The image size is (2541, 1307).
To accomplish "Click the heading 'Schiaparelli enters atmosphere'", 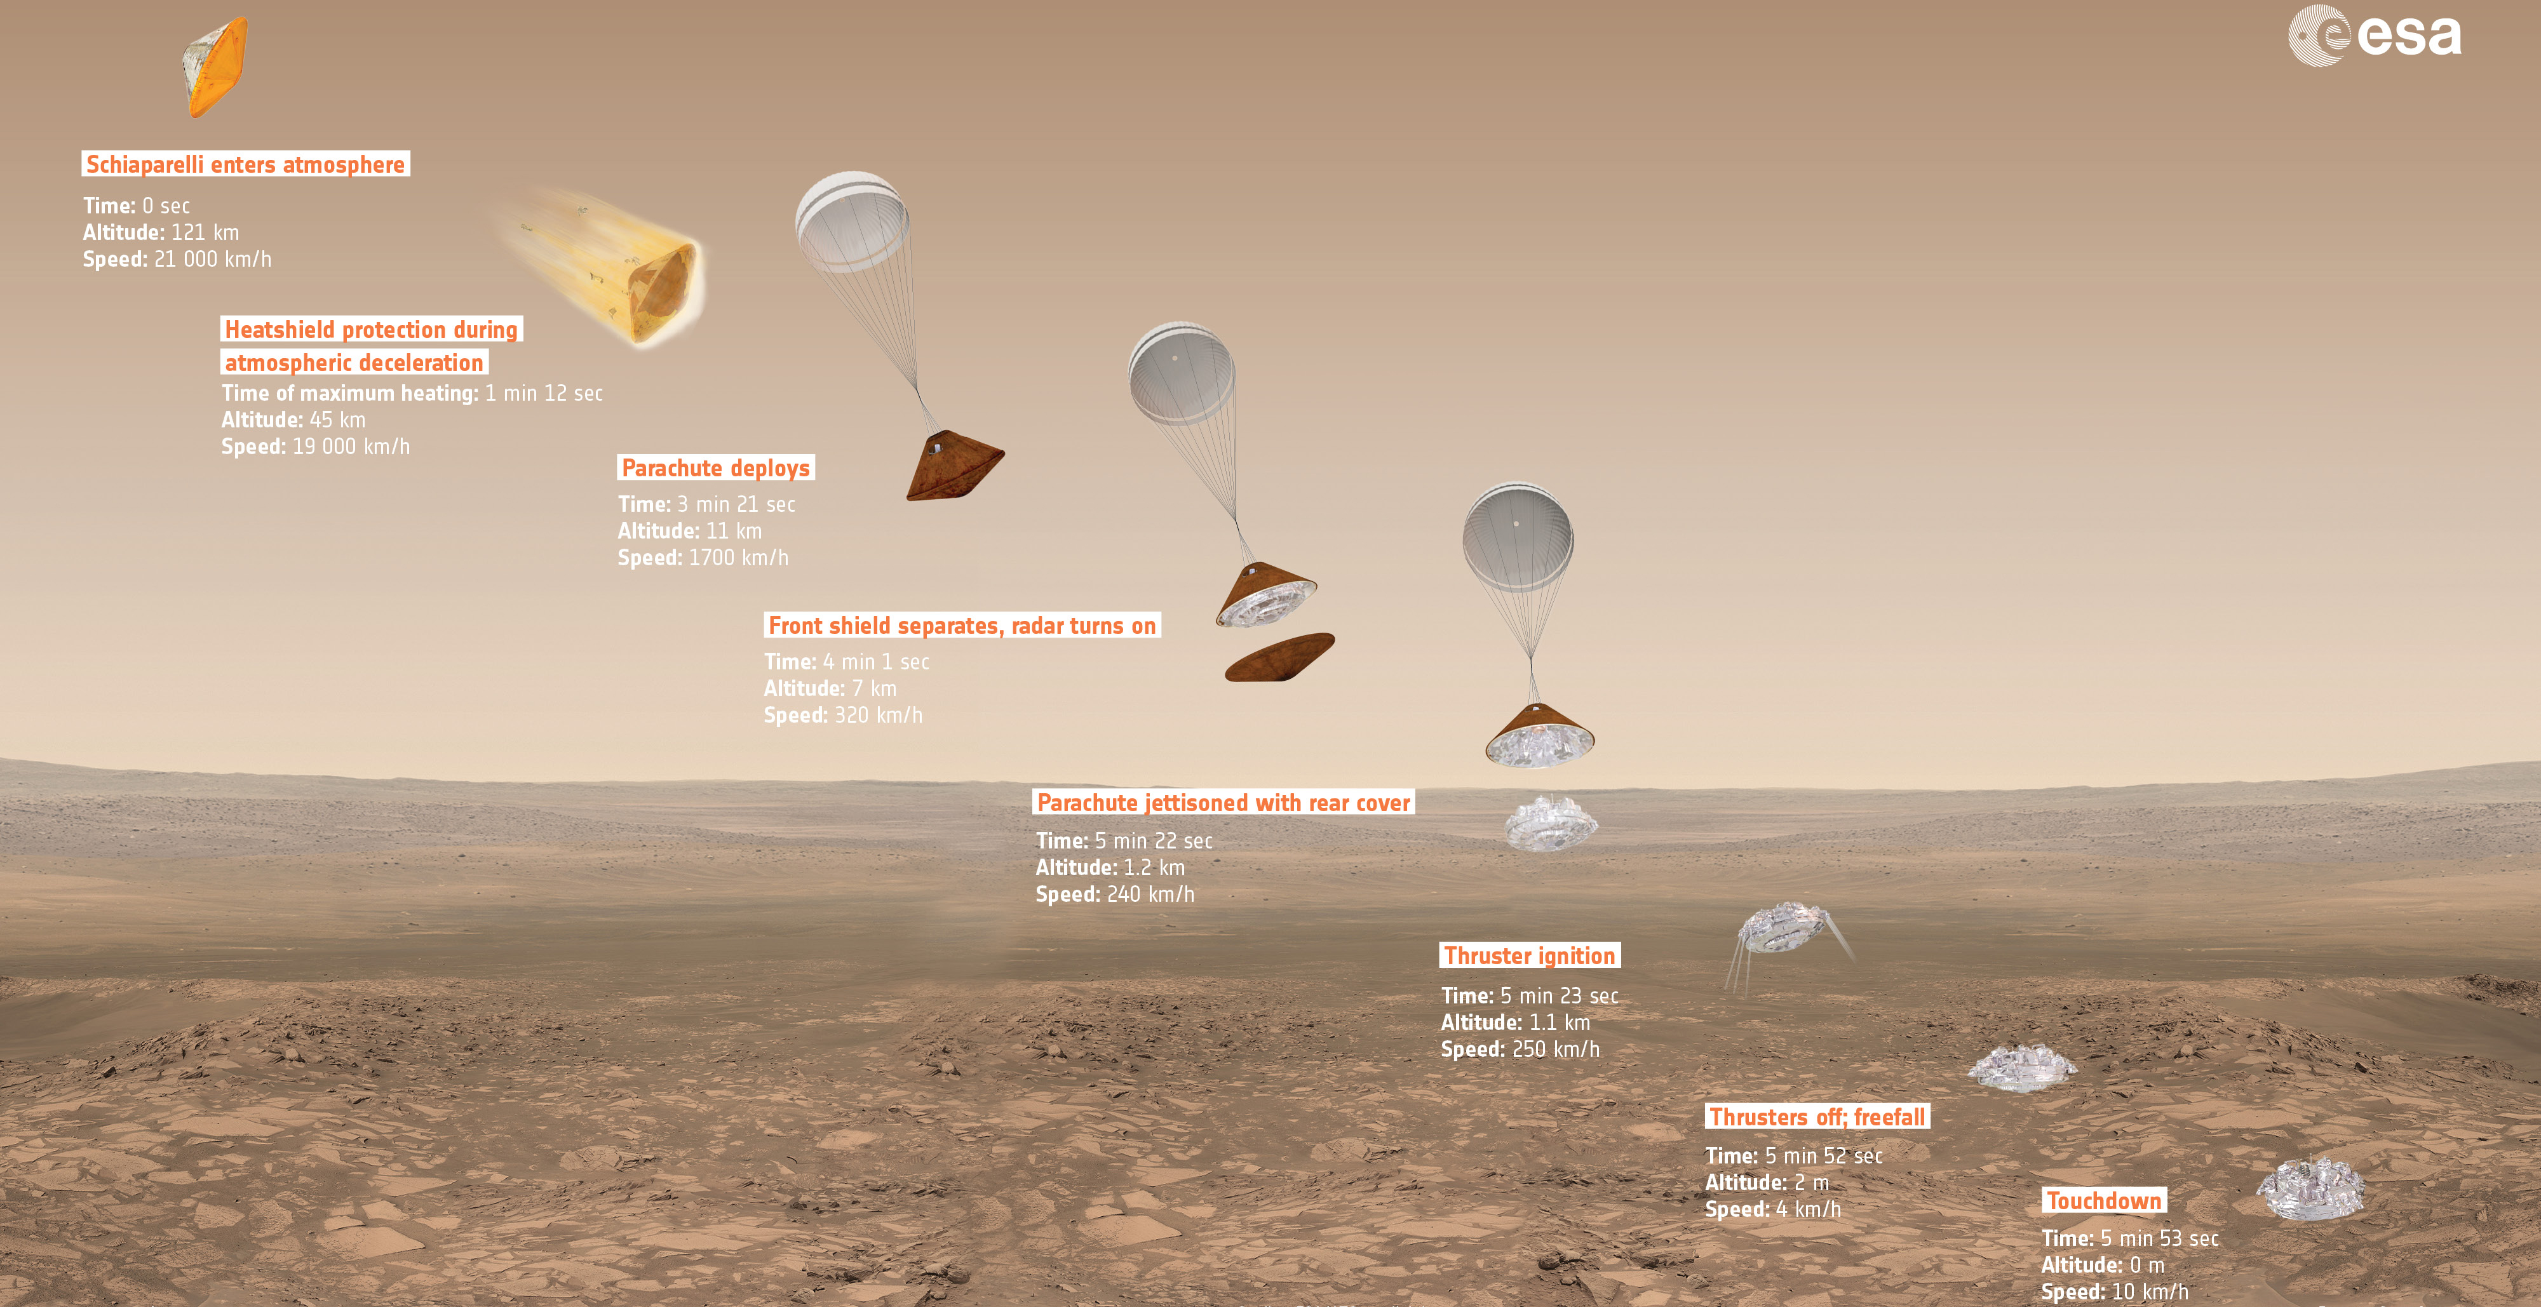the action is [x=246, y=164].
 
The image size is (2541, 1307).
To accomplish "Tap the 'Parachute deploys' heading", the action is [x=716, y=467].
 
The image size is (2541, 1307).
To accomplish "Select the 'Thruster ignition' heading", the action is [x=1530, y=955].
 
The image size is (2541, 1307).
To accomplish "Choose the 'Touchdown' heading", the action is [x=2104, y=1200].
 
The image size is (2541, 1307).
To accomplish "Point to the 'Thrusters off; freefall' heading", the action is [x=1817, y=1116].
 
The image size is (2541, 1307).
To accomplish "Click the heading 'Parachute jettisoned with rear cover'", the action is [x=1223, y=803].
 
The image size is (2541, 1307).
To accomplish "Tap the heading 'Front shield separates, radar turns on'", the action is [x=962, y=626].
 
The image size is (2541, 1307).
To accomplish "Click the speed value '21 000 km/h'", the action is [x=212, y=259].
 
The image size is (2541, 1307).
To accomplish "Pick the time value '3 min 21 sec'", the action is [x=736, y=504].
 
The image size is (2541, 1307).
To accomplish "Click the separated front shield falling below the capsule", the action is [x=1279, y=657].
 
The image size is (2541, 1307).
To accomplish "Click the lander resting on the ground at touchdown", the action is [x=2310, y=1189].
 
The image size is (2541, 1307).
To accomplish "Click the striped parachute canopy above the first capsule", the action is [x=853, y=221].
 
